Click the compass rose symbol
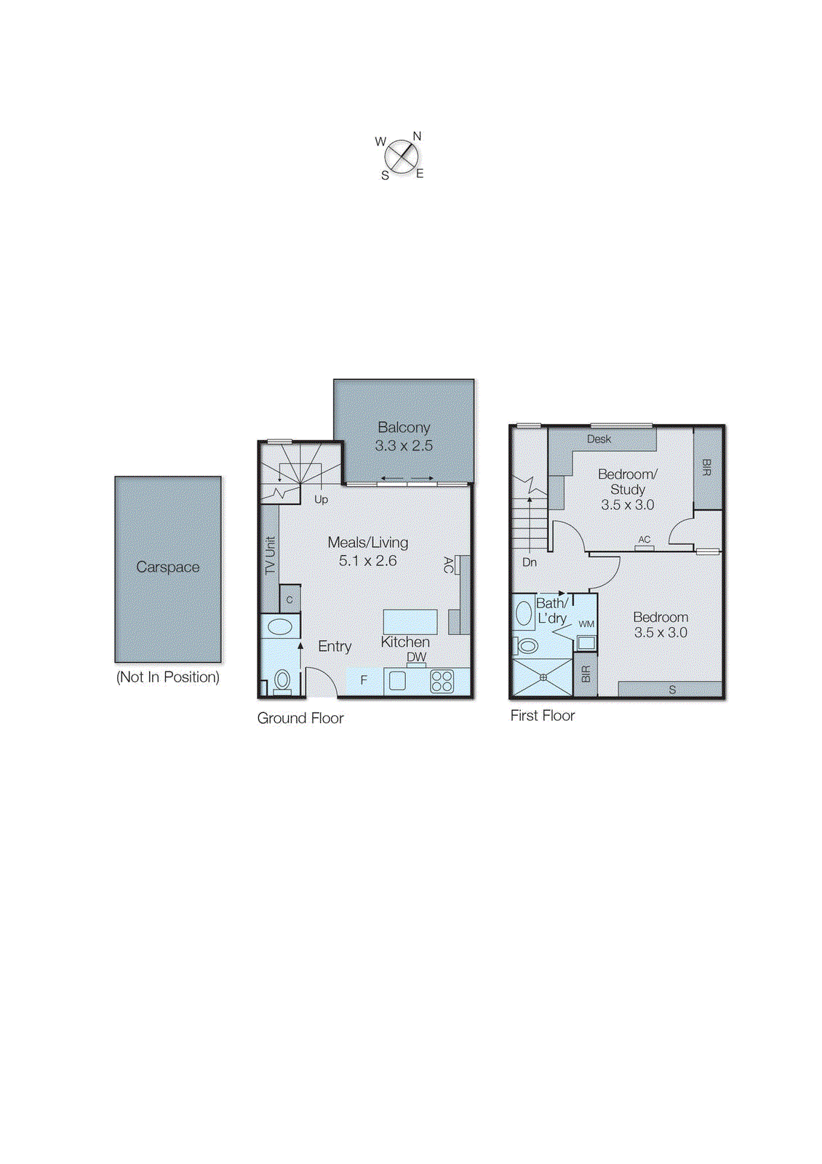[401, 156]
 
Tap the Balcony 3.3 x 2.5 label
[404, 436]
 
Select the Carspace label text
[167, 567]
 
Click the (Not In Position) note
[167, 677]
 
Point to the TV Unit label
[271, 556]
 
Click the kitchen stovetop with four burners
[442, 681]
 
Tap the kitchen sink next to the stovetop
[398, 680]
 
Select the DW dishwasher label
[416, 656]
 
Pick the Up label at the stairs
[321, 499]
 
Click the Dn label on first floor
[530, 562]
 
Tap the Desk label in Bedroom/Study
[599, 439]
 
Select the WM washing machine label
[586, 623]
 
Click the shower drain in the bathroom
[543, 677]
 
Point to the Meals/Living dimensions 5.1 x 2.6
[367, 561]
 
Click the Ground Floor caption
[300, 718]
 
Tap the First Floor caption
[542, 715]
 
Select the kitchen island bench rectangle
[410, 622]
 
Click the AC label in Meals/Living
[448, 565]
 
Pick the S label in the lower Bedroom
[672, 689]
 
